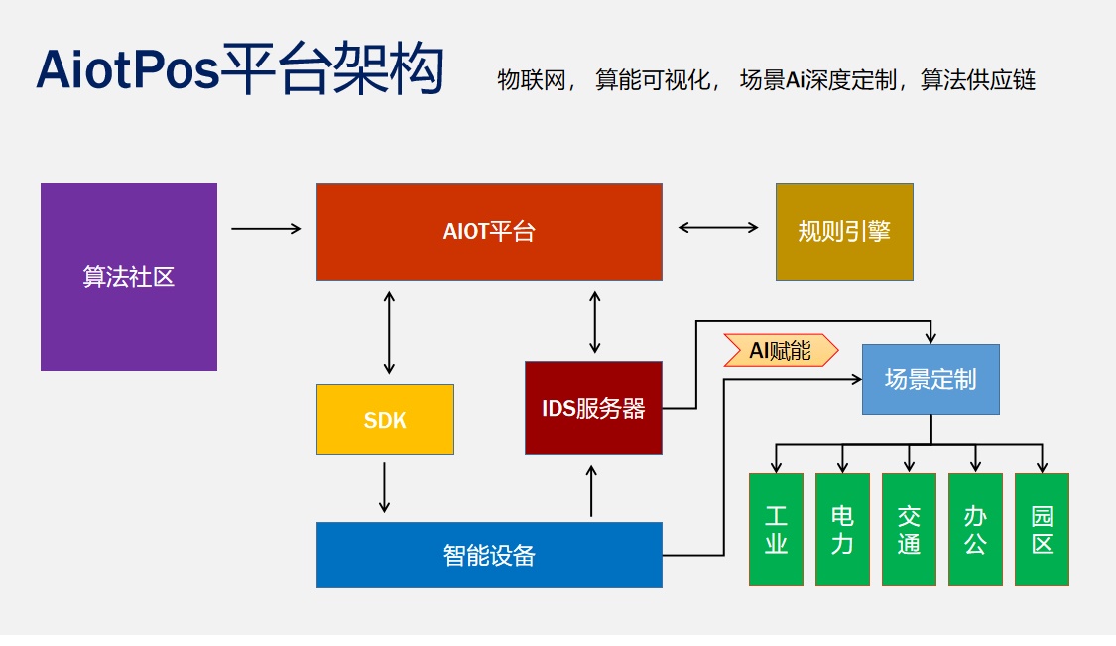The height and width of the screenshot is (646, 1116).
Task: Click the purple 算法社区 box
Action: pos(129,276)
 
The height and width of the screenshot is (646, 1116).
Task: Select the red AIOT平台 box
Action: pos(489,231)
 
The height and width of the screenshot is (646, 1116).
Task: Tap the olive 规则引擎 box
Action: pos(844,231)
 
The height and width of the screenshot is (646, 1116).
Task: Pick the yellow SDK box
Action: pos(385,420)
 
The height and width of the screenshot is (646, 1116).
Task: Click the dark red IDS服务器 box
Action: pos(593,408)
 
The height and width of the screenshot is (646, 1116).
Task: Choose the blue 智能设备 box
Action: pos(489,555)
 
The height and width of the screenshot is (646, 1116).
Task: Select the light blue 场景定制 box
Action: pos(930,379)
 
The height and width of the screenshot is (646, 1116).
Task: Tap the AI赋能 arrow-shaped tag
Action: pos(781,350)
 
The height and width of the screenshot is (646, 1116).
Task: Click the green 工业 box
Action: pos(776,529)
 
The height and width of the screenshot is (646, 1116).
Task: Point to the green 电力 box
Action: pos(842,529)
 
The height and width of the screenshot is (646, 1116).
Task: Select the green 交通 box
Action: pos(909,529)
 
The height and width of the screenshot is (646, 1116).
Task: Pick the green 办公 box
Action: pos(975,529)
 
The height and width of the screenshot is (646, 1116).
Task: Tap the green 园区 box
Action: pos(1042,529)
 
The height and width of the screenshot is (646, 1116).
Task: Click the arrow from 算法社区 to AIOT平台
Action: pos(266,229)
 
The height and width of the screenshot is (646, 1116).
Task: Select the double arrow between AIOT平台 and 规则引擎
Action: pos(718,228)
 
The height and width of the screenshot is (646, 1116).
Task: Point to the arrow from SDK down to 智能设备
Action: pos(385,487)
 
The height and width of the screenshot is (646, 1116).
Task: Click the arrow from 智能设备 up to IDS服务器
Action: pos(592,490)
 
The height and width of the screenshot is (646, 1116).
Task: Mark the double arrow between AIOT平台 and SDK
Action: pos(389,331)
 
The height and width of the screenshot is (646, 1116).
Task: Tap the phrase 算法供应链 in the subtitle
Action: pos(978,80)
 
